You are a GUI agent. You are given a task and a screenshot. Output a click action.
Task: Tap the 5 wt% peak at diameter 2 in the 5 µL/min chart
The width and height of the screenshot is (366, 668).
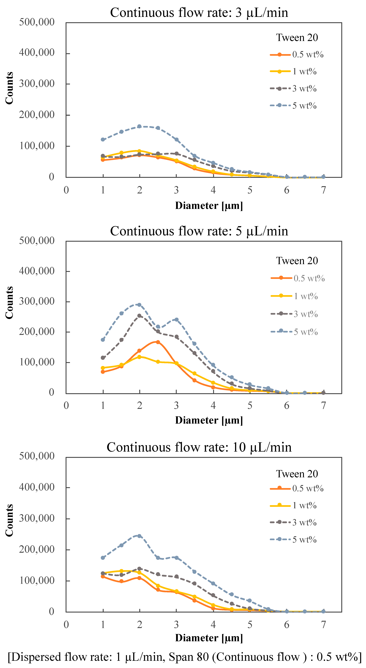click(x=140, y=305)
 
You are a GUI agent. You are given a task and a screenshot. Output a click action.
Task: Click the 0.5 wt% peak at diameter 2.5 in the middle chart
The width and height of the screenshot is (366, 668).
click(x=158, y=342)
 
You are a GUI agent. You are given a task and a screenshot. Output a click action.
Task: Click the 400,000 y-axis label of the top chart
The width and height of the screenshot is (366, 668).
click(x=37, y=53)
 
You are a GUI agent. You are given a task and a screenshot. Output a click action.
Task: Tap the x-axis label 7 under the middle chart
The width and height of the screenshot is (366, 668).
click(x=323, y=405)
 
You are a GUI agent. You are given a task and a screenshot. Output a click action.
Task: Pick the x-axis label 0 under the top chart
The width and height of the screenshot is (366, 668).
click(x=66, y=190)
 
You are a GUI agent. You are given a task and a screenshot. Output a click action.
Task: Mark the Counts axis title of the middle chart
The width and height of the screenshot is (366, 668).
click(x=9, y=303)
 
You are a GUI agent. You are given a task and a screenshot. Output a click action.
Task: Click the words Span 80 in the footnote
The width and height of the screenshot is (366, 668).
click(x=188, y=657)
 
